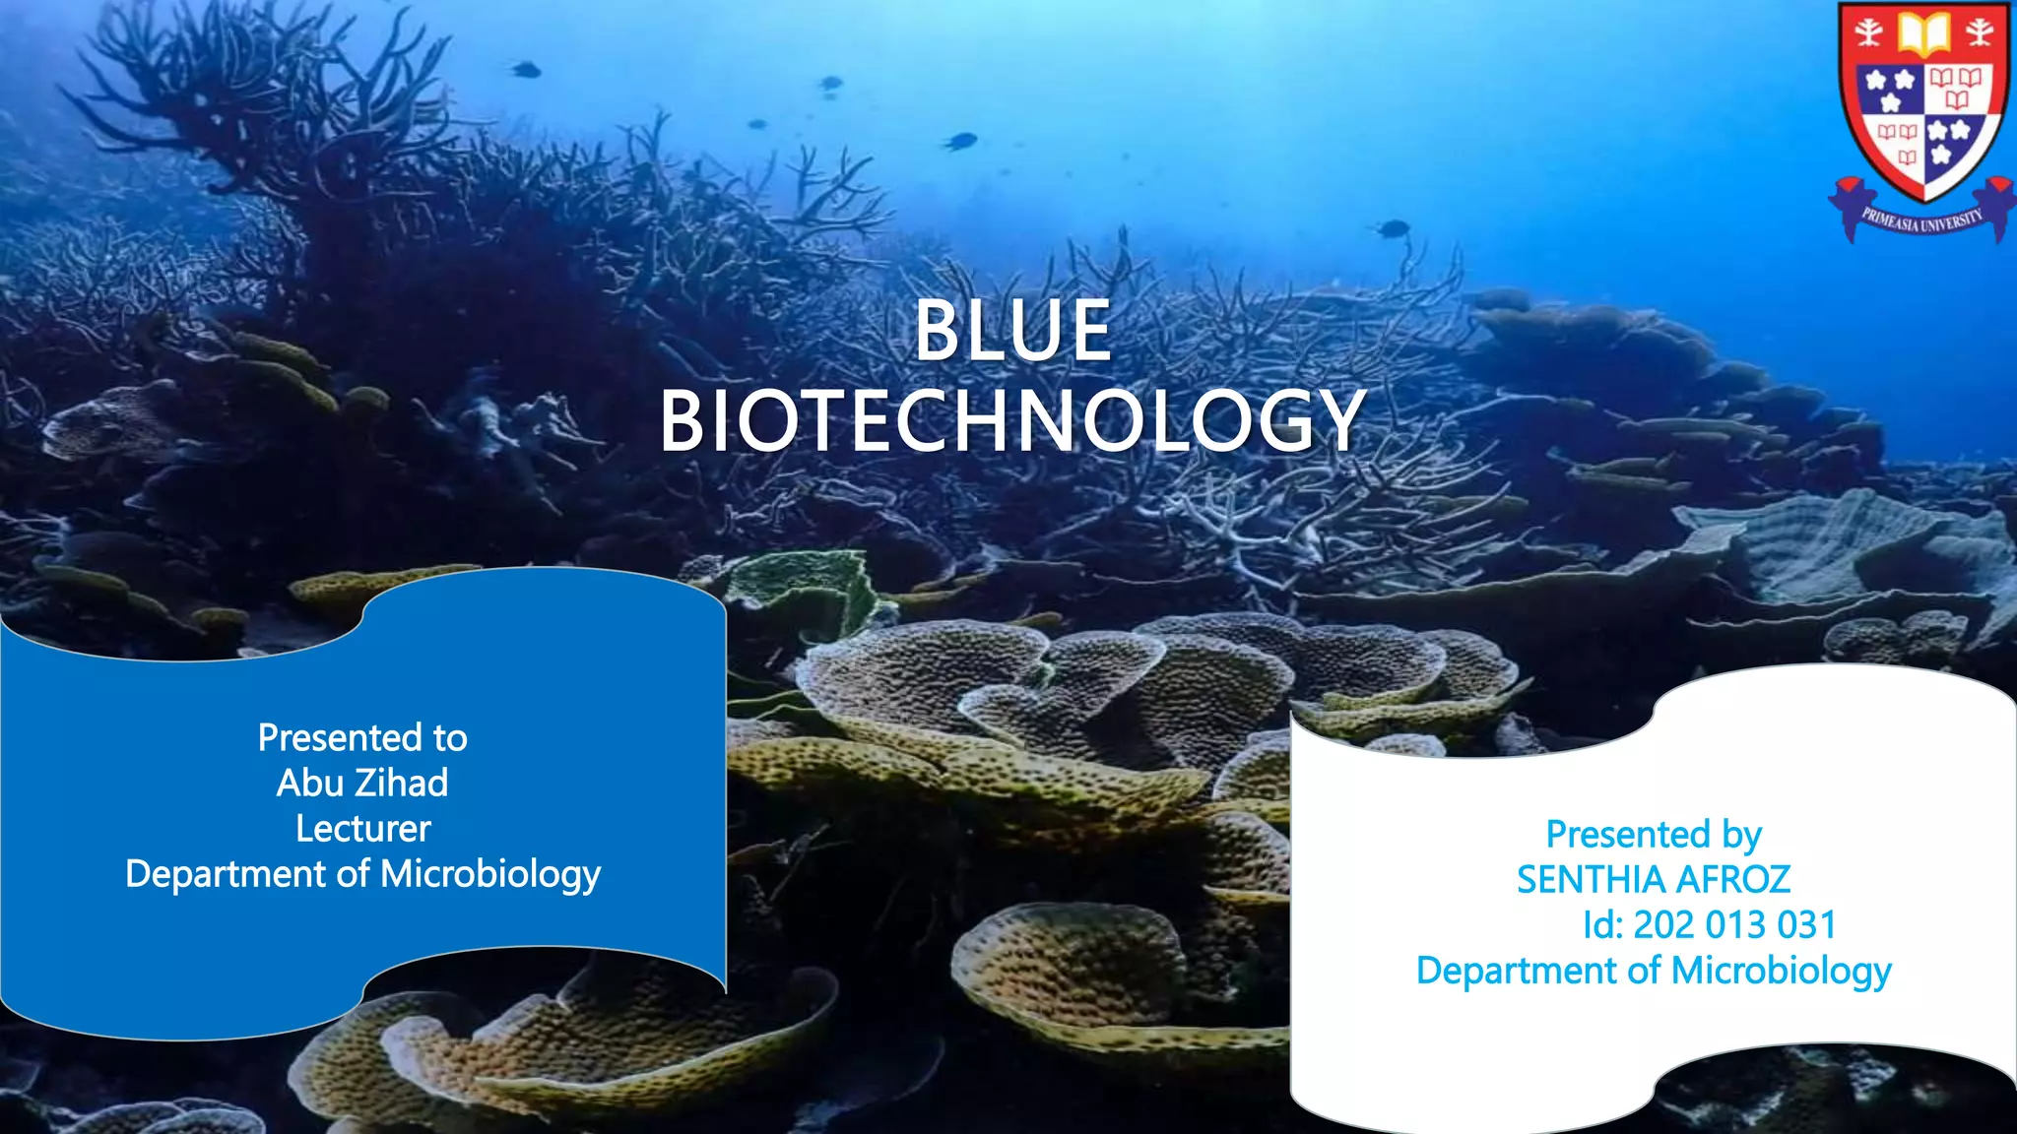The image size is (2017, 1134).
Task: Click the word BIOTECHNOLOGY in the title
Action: tap(1012, 421)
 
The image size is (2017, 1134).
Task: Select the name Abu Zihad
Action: tap(362, 784)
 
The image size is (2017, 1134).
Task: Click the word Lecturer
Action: tap(362, 829)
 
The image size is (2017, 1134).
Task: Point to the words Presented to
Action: tap(362, 738)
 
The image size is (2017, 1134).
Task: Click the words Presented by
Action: tap(1654, 835)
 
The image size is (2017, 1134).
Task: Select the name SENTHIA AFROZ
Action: tap(1654, 880)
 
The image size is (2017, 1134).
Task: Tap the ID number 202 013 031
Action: tap(1734, 925)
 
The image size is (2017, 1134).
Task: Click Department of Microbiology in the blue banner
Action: tap(362, 875)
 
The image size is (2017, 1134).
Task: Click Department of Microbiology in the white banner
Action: tap(1654, 971)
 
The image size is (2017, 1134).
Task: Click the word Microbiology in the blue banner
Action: tap(489, 875)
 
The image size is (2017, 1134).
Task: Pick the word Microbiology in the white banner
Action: tap(1781, 971)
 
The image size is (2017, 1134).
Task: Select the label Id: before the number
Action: tap(1602, 925)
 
